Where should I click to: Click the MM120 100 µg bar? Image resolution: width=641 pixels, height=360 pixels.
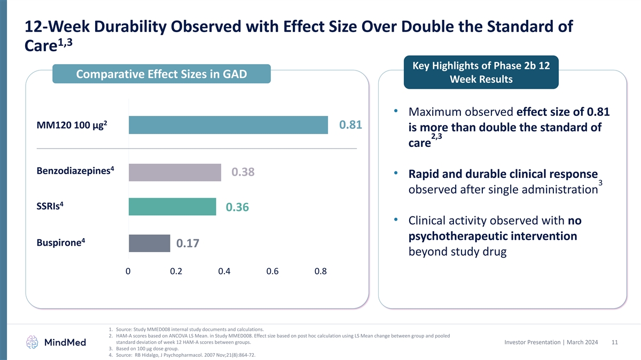tap(228, 125)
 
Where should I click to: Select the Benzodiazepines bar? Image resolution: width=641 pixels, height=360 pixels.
tap(175, 173)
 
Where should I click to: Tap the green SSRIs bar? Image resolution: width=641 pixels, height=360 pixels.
tap(172, 207)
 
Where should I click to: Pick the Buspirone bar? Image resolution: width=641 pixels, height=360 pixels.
tap(149, 243)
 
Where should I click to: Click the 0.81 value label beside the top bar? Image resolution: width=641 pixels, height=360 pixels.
tap(351, 125)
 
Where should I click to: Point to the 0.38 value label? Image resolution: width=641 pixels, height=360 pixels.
tap(243, 173)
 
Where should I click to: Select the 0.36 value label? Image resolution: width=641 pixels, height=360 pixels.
tap(237, 207)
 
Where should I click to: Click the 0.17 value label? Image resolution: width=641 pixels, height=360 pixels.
tap(187, 244)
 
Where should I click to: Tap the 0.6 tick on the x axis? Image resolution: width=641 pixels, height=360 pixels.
tap(272, 271)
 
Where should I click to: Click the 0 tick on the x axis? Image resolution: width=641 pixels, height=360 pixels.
tap(128, 271)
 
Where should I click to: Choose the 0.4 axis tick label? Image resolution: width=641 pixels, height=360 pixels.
tap(224, 271)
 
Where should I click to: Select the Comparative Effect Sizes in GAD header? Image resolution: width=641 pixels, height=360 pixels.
tap(161, 74)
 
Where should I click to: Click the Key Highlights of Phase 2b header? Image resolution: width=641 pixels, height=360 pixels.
tap(481, 73)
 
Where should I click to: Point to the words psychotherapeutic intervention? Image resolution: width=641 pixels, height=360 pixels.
tap(492, 236)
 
